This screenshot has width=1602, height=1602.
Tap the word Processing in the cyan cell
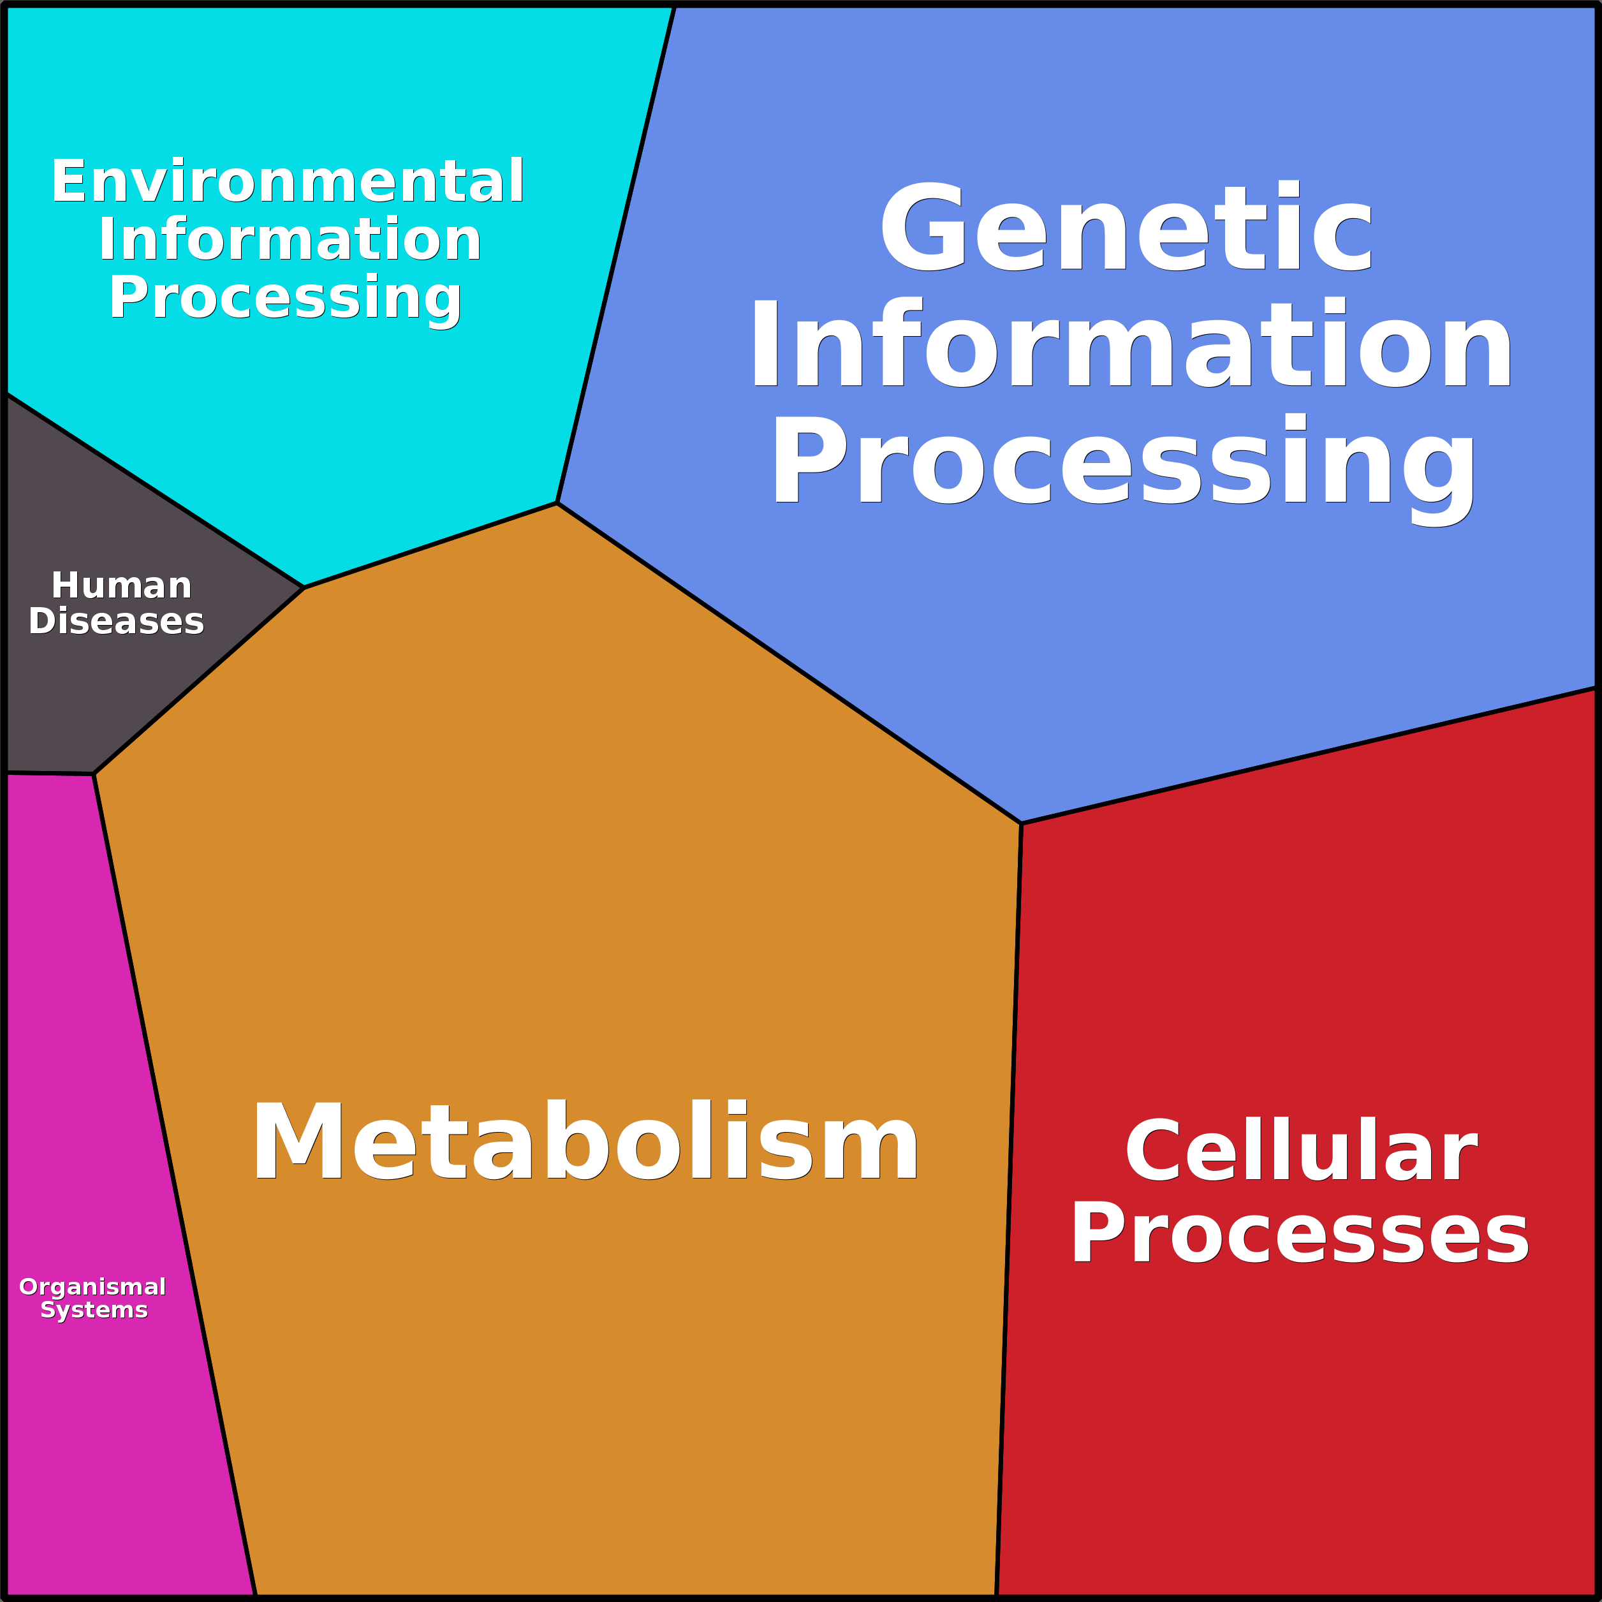(285, 298)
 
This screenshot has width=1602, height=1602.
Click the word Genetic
(1126, 226)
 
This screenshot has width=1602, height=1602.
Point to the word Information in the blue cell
(1131, 342)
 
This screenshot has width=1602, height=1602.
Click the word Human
(121, 585)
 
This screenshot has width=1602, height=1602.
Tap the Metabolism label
(585, 1141)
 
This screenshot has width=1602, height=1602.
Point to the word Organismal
(93, 1286)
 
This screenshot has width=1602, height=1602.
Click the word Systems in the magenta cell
(94, 1309)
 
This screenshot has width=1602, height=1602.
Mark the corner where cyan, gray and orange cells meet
(304, 588)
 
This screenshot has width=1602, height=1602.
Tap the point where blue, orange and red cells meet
(1022, 823)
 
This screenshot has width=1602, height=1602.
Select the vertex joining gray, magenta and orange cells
(94, 774)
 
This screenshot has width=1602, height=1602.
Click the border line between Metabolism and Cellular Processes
(1009, 1210)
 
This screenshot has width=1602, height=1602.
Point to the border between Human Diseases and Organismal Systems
(50, 774)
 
